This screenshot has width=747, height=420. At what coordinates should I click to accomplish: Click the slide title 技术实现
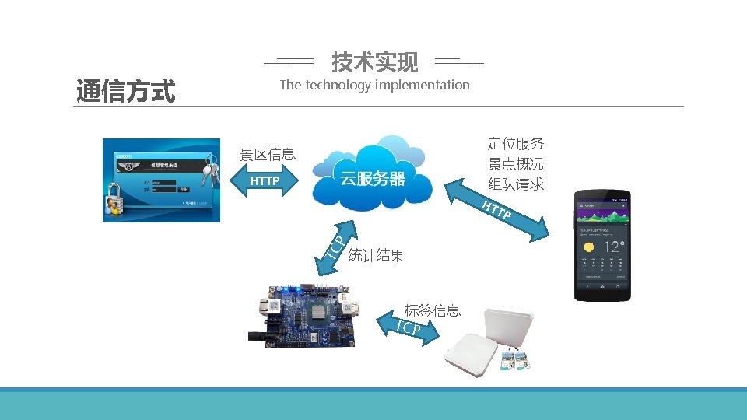[x=374, y=61]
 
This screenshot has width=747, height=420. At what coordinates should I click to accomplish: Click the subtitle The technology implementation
[x=374, y=85]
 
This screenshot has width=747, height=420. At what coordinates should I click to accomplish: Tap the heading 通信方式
[x=125, y=92]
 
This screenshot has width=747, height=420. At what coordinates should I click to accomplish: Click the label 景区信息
[x=268, y=154]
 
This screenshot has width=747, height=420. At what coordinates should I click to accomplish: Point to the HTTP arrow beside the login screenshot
[x=265, y=182]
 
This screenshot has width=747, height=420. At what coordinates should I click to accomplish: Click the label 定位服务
[x=515, y=144]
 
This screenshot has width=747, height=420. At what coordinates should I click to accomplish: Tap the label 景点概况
[x=515, y=164]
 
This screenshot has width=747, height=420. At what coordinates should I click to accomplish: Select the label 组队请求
[x=515, y=184]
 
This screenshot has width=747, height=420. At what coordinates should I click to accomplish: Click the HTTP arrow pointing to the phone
[x=498, y=210]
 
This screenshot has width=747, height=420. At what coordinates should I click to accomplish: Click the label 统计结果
[x=376, y=256]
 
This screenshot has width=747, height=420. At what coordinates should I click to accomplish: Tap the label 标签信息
[x=432, y=311]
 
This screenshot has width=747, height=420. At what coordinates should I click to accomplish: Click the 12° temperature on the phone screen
[x=613, y=248]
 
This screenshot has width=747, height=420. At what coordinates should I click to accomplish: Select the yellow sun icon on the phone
[x=589, y=247]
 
